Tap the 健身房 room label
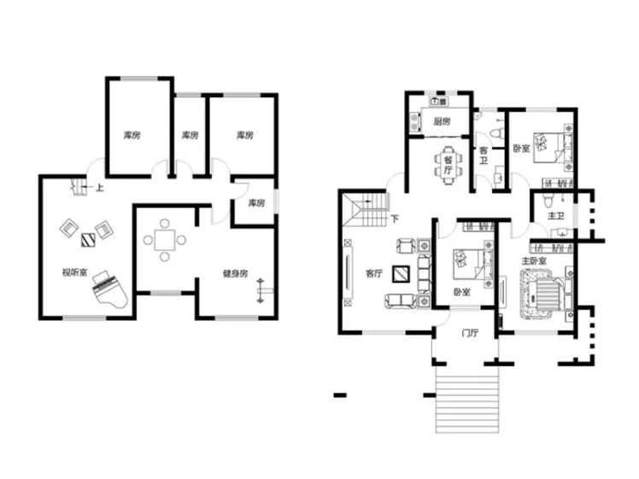click(x=236, y=274)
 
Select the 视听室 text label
click(x=74, y=272)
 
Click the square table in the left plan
click(x=165, y=240)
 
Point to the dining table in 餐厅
click(x=448, y=166)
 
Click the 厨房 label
click(x=442, y=121)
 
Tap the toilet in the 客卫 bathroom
click(x=497, y=133)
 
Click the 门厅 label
click(x=470, y=333)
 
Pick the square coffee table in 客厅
click(x=401, y=274)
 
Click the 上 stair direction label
click(x=99, y=188)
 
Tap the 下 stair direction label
click(x=395, y=219)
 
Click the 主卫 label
click(x=556, y=215)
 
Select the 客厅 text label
click(x=374, y=273)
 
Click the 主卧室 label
click(x=534, y=260)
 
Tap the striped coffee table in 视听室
click(x=88, y=240)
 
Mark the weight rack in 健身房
click(x=261, y=290)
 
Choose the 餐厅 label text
click(x=448, y=166)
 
